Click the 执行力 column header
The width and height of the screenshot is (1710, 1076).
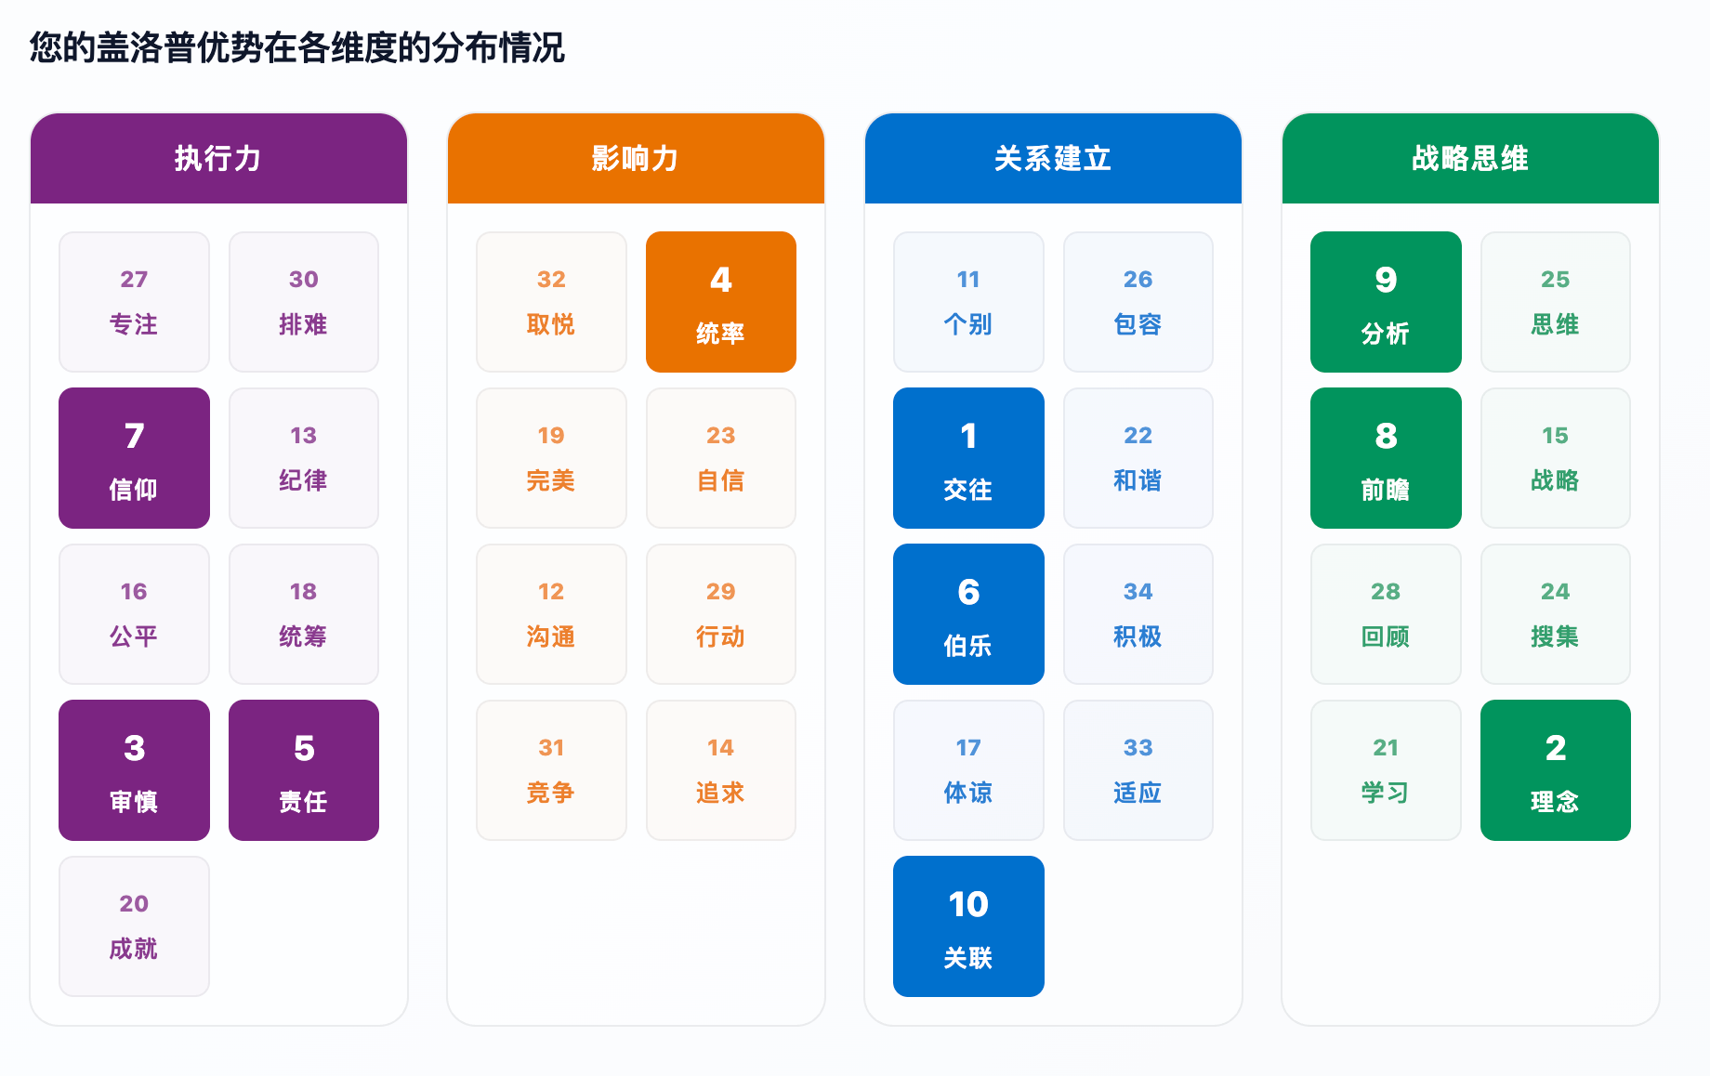click(218, 158)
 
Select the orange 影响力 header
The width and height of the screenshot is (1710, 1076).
click(636, 158)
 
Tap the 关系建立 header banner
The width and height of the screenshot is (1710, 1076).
click(1053, 158)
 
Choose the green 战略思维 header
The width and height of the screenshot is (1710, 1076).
click(1470, 158)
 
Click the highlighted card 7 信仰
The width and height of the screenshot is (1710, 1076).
click(134, 458)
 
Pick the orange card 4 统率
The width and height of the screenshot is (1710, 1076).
click(721, 302)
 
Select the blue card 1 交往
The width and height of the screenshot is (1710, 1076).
click(968, 458)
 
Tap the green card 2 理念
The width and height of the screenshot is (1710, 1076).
click(1556, 770)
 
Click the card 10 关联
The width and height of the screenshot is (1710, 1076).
click(968, 926)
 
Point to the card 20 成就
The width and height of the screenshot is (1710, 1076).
click(134, 926)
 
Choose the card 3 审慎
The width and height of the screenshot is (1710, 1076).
click(134, 770)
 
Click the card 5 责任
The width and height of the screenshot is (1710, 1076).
click(304, 770)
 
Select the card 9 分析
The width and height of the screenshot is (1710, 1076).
click(1386, 302)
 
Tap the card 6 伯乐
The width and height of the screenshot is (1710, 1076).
click(968, 614)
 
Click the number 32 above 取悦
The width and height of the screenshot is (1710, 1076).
click(551, 280)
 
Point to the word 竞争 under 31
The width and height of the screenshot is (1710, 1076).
click(551, 793)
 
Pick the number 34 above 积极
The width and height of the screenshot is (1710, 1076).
click(1138, 592)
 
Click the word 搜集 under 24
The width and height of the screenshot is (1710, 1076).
click(1556, 636)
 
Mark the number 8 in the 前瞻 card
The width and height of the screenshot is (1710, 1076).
click(1386, 436)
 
